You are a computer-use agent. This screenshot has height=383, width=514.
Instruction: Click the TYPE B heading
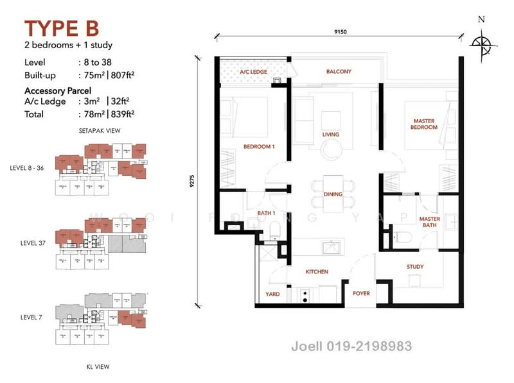pos(62,30)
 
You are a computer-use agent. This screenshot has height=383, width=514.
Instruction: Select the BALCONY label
pos(339,71)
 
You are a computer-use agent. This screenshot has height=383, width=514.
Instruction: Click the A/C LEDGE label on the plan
pos(253,72)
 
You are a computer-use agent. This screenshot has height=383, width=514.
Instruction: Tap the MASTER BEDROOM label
pos(424,124)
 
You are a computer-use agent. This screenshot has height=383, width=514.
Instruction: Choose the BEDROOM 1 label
pos(259,147)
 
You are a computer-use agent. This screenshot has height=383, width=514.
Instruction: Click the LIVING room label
pos(330,135)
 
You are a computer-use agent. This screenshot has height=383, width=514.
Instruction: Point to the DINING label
pos(333,194)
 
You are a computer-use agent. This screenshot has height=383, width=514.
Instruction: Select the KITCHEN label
pos(317,271)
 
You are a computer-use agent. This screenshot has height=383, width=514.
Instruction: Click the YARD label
pos(272,294)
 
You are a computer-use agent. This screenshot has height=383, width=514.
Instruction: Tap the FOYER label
pos(361,294)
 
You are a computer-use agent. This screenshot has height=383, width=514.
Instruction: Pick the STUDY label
pos(415,266)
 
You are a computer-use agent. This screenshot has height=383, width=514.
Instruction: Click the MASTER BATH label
pos(430,222)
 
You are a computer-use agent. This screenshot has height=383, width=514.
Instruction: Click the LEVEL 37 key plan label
pos(28,243)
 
